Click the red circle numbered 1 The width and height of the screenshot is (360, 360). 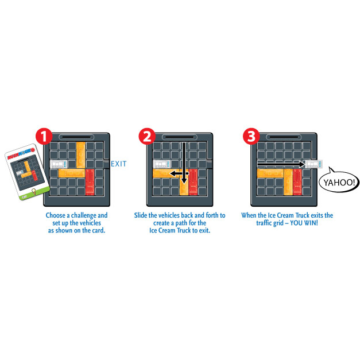point(44,137)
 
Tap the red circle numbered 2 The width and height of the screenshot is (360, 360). point(147,137)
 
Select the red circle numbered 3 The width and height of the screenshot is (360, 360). point(251,137)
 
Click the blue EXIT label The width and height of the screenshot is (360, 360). point(119,164)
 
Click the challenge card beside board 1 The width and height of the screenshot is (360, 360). point(27,172)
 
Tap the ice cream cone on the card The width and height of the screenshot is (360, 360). point(34,191)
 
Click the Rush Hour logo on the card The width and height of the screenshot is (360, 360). point(21,154)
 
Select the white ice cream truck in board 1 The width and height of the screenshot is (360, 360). point(59,164)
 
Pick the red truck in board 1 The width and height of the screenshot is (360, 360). point(90,182)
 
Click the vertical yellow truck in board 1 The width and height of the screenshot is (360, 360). point(80,155)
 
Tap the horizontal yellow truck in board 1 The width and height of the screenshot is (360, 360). point(72,173)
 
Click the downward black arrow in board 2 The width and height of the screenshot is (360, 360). point(184,163)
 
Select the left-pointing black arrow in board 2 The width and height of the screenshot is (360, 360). point(179,173)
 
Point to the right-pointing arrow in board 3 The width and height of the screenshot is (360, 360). point(281,164)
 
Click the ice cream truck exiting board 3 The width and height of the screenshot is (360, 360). point(314,164)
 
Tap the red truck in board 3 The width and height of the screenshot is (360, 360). point(297,182)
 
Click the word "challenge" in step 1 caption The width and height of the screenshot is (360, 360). point(83,215)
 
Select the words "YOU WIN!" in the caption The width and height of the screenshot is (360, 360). point(304,223)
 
